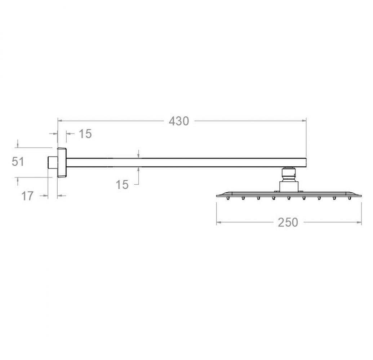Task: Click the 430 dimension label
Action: pos(179,121)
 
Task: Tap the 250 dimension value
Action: pos(288,222)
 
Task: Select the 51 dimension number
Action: pos(18,162)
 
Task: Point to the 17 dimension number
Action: pos(27,196)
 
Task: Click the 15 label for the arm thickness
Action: pos(122,184)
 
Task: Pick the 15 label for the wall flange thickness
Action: pos(85,134)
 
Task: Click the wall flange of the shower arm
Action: pos(62,162)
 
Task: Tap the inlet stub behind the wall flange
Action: pos(53,162)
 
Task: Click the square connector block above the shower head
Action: pos(288,186)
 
